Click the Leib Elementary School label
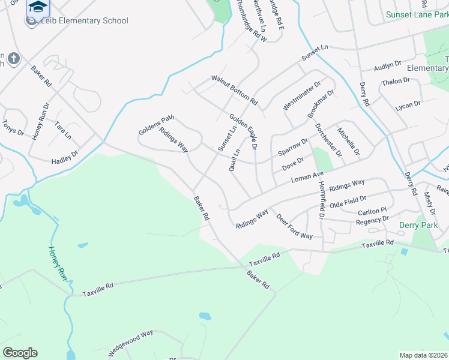[84, 21]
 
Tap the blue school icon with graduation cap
[38, 7]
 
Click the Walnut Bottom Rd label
[234, 88]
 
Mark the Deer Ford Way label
[294, 226]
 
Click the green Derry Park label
[418, 226]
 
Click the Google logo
[20, 353]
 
